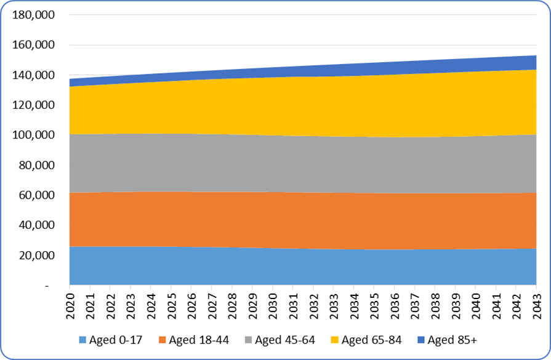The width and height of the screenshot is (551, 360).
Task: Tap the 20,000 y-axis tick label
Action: [x=36, y=255]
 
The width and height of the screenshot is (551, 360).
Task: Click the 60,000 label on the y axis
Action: [x=36, y=195]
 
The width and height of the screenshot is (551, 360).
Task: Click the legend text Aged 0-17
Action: [x=113, y=340]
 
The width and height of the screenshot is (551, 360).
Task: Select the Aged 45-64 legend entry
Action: [x=284, y=340]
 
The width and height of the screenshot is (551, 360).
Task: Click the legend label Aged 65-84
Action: [x=370, y=340]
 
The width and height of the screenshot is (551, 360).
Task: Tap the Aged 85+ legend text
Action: [x=452, y=340]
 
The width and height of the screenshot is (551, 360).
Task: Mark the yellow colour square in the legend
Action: [x=336, y=340]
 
